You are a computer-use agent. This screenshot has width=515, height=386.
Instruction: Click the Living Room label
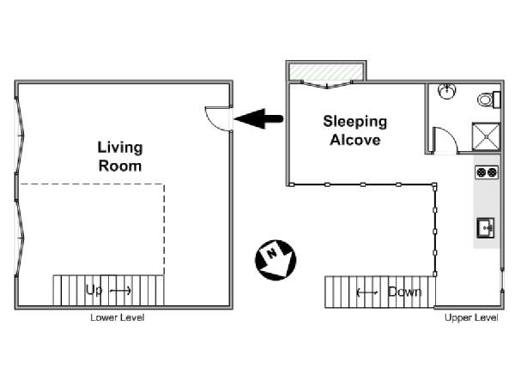(120, 157)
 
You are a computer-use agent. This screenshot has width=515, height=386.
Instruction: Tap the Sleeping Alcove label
(355, 130)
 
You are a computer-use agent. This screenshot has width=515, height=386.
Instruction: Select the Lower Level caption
(118, 317)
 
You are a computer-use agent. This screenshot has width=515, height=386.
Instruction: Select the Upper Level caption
(471, 317)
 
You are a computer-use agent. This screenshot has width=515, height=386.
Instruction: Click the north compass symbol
(276, 260)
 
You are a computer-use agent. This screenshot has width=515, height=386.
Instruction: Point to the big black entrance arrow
(258, 118)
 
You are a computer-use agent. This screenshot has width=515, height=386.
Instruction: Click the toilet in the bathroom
(488, 100)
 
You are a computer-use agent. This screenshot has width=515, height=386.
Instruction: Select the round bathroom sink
(447, 91)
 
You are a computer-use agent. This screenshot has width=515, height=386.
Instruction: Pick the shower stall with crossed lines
(486, 136)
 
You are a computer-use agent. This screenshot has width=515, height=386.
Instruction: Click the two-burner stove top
(487, 172)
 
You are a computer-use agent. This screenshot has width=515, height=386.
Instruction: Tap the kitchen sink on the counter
(486, 227)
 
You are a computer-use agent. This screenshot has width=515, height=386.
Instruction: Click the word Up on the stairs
(94, 290)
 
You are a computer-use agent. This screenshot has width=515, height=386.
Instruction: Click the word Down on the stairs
(404, 292)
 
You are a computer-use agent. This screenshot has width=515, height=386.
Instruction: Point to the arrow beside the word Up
(120, 291)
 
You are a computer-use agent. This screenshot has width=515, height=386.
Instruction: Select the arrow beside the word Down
(367, 292)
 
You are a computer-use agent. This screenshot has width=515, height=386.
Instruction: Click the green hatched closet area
(326, 72)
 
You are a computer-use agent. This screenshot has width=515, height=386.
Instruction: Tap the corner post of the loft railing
(434, 185)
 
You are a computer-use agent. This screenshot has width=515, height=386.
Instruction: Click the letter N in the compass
(271, 253)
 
